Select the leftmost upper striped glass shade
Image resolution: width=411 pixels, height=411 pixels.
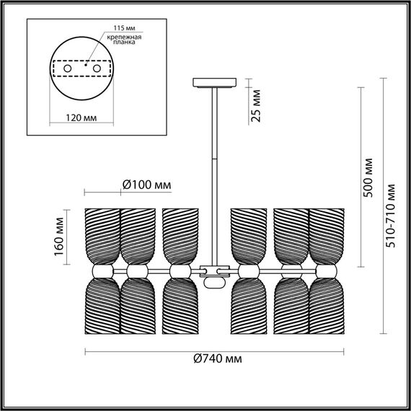pos(102,236)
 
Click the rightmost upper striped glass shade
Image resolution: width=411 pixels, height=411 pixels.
pos(327,236)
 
